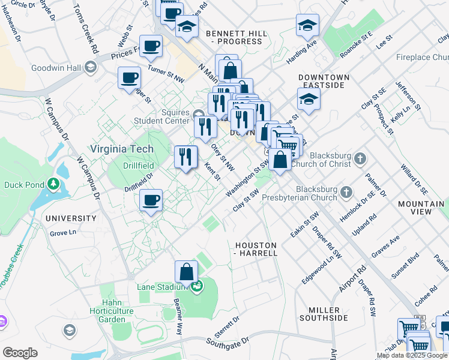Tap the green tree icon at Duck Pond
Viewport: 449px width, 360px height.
53,183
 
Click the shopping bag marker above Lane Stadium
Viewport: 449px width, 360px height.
187,272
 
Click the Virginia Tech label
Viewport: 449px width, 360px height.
122,149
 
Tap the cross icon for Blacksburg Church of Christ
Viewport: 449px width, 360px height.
360,159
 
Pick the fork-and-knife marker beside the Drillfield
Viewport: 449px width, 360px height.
185,157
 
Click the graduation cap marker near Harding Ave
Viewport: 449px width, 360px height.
307,25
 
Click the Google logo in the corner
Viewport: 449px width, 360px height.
20,353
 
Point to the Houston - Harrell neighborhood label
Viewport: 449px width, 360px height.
256,250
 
